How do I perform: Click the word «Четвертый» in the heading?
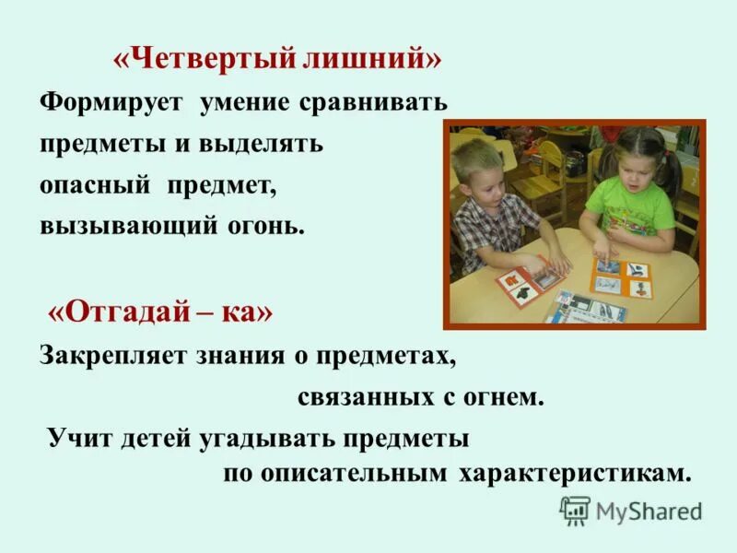(x=203, y=61)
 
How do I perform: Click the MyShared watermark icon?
(x=575, y=510)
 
